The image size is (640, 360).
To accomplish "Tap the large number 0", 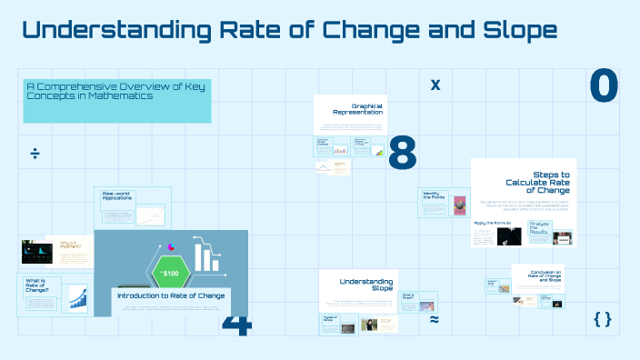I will (x=604, y=86).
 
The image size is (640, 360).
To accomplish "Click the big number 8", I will (x=402, y=154).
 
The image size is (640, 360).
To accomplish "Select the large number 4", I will (x=235, y=325).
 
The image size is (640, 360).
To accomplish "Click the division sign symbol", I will (x=35, y=153).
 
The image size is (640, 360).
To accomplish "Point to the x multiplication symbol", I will (x=435, y=85).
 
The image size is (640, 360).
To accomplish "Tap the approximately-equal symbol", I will (x=435, y=320).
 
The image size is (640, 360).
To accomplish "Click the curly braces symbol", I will (x=602, y=319).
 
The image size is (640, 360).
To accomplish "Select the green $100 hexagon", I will (x=170, y=272).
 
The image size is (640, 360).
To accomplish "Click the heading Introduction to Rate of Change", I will (x=171, y=295).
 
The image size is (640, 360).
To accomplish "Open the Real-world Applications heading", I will (x=117, y=195).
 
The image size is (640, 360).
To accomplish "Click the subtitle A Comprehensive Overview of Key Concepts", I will (x=116, y=90).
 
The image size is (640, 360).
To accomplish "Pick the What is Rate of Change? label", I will (x=36, y=287).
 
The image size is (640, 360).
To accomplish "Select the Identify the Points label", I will (x=431, y=195).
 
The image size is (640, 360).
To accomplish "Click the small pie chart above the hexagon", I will (x=170, y=245).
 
